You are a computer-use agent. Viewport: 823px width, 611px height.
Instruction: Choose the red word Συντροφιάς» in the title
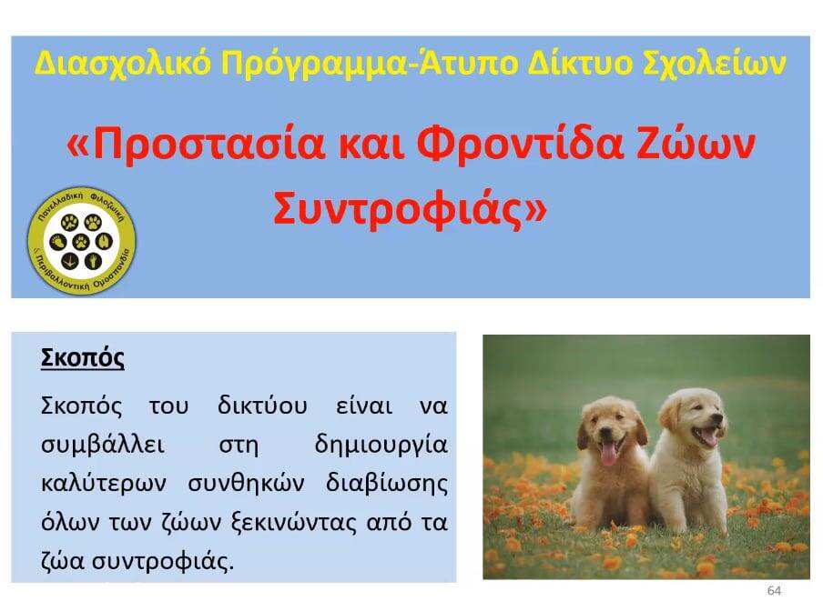(410, 208)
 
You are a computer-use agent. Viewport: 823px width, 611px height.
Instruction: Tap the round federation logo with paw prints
(81, 241)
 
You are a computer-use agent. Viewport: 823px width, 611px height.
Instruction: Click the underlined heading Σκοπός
(83, 358)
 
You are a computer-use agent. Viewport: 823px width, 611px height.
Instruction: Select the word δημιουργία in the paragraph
(381, 446)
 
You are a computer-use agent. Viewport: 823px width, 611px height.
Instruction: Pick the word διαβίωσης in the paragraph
(387, 484)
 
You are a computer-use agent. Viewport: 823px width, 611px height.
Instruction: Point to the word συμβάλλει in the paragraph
(103, 446)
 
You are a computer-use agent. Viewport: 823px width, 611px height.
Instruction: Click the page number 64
(774, 591)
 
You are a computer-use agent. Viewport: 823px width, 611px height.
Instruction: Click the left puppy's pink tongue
(608, 455)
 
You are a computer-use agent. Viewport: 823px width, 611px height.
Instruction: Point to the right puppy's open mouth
(705, 436)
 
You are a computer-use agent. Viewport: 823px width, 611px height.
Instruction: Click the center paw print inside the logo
(81, 242)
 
